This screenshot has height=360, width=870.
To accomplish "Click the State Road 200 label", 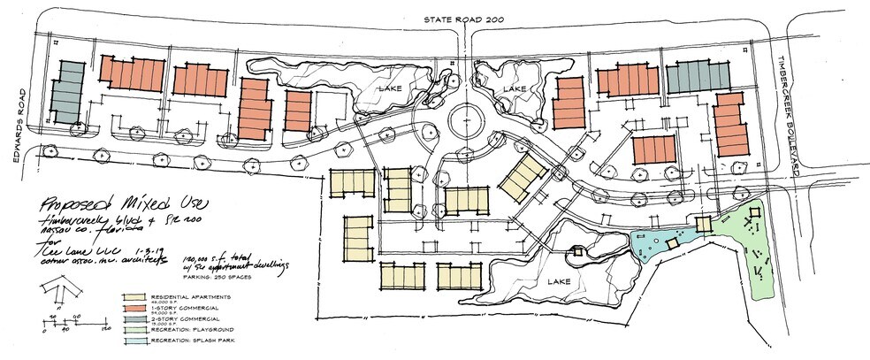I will pos(462,19).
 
